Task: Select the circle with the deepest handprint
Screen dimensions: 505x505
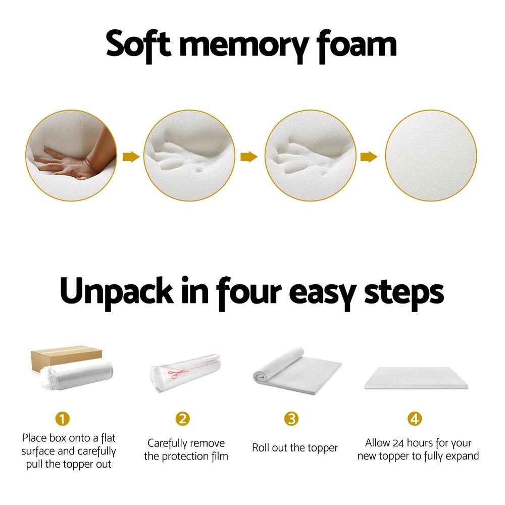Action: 190,157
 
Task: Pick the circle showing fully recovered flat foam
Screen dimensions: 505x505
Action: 431,157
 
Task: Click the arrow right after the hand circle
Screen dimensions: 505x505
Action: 130,157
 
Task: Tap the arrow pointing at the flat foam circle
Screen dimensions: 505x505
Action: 369,157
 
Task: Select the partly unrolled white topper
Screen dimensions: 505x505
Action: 296,372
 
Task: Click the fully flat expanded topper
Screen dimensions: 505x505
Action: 415,379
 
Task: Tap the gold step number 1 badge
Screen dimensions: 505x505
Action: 62,419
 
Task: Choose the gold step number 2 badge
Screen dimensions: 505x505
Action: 182,419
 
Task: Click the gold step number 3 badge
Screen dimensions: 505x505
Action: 291,419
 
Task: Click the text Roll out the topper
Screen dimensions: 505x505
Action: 295,448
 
